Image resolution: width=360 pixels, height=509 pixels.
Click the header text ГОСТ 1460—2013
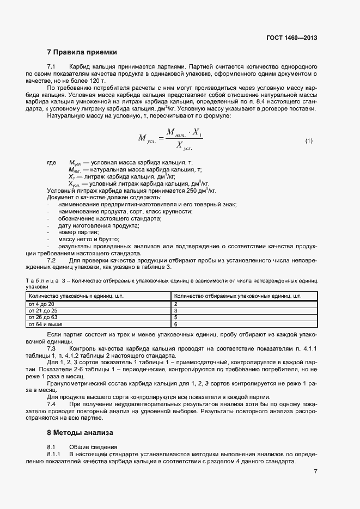click(291, 38)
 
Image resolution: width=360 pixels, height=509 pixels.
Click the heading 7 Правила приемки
click(82, 53)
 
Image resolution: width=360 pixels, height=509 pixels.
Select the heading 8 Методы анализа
click(80, 433)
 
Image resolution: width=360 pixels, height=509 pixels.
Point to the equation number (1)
click(309, 141)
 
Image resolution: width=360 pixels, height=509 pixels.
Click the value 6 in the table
click(176, 324)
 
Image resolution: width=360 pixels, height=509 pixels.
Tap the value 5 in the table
click(176, 317)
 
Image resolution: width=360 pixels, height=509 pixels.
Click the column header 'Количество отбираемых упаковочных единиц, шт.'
click(237, 296)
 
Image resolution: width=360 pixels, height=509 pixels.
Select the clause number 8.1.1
click(54, 454)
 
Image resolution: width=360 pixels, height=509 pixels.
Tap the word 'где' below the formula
click(52, 163)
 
